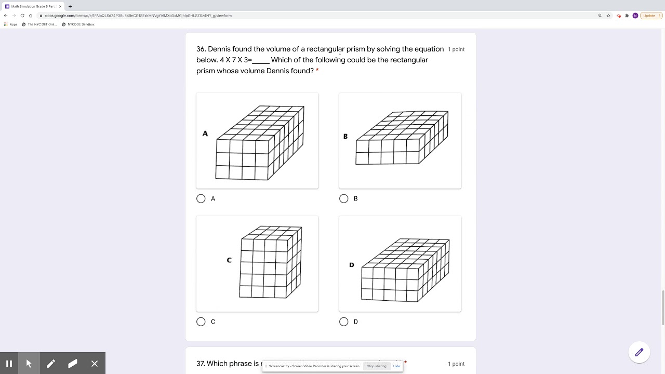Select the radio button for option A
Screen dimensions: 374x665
click(201, 198)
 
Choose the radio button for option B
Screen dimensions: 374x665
click(343, 198)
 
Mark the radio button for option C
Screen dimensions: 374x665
click(201, 322)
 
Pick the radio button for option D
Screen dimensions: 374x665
click(343, 322)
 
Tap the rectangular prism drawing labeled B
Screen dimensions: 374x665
click(402, 138)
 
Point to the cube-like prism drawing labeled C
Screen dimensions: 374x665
click(270, 262)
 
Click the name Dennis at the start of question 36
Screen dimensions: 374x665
click(219, 49)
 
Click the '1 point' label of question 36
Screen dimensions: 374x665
click(456, 49)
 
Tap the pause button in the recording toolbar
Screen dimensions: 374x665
click(9, 364)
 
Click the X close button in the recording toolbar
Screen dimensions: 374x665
click(95, 364)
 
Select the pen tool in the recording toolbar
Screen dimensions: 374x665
click(51, 364)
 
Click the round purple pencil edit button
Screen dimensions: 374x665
click(639, 352)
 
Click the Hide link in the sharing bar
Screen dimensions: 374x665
click(396, 366)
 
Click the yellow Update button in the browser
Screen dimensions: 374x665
click(649, 16)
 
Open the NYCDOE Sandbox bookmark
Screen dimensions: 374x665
click(81, 24)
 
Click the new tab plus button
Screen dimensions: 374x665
click(70, 6)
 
